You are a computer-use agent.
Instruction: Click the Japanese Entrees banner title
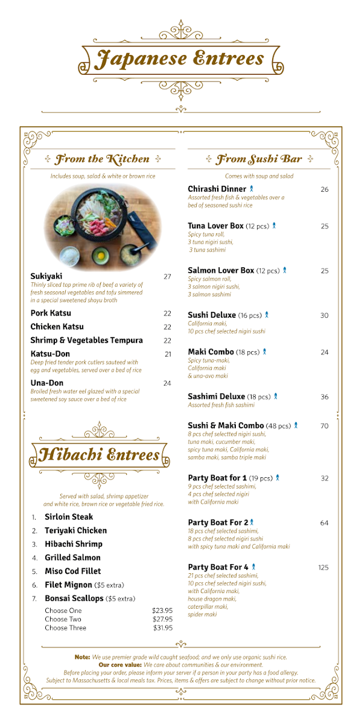point(180,59)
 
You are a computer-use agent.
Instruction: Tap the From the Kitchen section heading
point(102,159)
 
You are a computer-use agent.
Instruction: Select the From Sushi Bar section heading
point(259,159)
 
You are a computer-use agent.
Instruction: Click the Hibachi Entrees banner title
point(100,455)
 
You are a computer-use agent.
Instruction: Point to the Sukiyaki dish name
point(46,276)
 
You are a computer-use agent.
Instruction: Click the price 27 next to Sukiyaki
point(167,277)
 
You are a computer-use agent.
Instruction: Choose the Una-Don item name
point(47,383)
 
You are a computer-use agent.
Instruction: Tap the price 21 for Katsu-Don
point(168,354)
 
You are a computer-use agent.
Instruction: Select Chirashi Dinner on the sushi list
point(217,189)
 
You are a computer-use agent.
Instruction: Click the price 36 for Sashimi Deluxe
point(325,397)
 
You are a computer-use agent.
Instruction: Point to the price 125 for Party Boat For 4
point(323,568)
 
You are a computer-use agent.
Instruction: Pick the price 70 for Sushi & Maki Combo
point(325,426)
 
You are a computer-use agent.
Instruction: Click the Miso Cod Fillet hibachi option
point(73,571)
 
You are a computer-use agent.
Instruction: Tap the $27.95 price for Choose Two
point(162,619)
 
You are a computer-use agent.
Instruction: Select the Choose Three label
point(65,628)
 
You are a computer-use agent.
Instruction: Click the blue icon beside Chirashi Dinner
point(252,189)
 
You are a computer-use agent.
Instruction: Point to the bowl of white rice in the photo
point(71,256)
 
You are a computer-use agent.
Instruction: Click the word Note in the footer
point(82,656)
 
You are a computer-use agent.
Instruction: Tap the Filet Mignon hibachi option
point(68,585)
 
